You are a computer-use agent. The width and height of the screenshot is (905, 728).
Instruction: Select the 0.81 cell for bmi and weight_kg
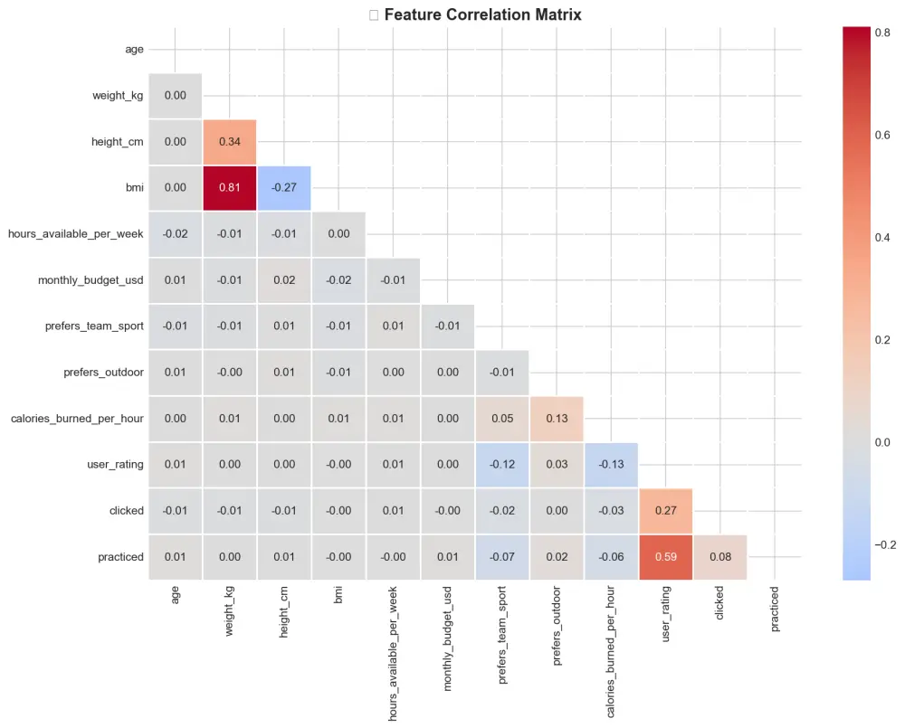(x=230, y=188)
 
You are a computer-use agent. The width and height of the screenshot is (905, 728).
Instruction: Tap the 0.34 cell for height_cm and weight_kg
(x=230, y=142)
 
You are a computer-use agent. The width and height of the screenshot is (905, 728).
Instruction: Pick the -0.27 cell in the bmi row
(x=284, y=188)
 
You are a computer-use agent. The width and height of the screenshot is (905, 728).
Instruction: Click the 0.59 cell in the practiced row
(x=665, y=557)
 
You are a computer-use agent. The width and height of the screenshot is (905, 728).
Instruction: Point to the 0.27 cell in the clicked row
(x=665, y=511)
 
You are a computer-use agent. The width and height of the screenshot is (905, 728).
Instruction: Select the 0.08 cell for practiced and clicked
(x=719, y=557)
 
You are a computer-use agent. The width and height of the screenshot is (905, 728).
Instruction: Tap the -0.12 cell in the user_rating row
(x=502, y=465)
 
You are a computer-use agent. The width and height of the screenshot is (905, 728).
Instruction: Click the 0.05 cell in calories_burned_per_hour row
(x=502, y=419)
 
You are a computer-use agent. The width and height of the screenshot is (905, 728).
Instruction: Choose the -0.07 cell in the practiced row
(x=502, y=557)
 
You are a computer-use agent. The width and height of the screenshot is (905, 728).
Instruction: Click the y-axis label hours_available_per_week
(x=76, y=234)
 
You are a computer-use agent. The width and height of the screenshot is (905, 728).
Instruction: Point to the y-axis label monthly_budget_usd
(x=90, y=280)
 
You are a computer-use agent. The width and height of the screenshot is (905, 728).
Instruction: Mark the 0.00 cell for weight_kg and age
(x=176, y=96)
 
